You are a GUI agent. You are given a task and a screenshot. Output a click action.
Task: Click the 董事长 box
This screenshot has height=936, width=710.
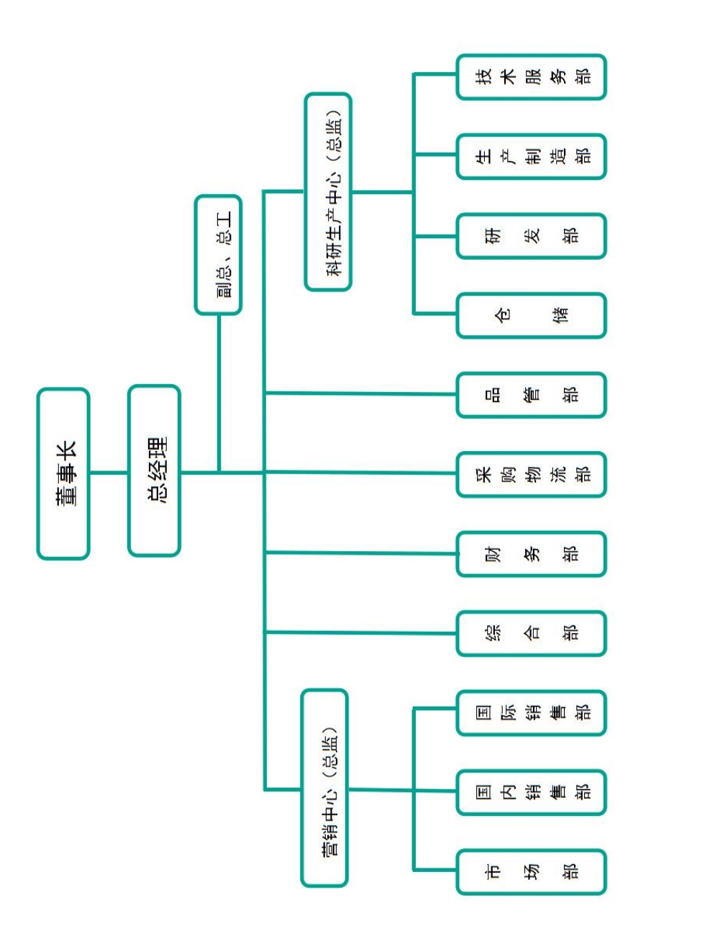point(63,474)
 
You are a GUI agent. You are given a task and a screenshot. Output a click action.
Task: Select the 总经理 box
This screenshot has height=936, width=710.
point(154,471)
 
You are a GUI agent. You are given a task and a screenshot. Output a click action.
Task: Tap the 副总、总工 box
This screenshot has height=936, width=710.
point(218,255)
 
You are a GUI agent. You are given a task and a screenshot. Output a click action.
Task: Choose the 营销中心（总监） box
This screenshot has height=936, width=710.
point(324,788)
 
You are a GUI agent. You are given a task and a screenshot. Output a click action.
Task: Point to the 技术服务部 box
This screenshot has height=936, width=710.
point(531,77)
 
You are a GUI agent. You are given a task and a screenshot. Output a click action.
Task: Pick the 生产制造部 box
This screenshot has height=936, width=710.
point(531,156)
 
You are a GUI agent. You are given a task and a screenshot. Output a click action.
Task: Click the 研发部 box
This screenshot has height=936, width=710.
point(531,236)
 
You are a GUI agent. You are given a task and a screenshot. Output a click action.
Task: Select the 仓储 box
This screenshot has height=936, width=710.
point(531,315)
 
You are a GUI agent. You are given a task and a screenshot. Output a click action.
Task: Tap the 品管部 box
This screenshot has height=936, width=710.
point(531,395)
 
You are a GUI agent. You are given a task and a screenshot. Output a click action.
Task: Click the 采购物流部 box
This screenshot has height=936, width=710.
point(531,474)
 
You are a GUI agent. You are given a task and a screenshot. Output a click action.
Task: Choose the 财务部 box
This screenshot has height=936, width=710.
point(531,554)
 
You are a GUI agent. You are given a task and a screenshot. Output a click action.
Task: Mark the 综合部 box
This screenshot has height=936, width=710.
point(531,633)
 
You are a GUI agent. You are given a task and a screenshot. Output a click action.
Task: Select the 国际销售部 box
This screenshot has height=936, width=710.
point(531,713)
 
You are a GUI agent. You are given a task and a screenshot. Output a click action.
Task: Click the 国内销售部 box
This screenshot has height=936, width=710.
point(531,792)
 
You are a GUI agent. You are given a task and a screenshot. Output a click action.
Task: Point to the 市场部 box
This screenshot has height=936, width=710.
point(531,872)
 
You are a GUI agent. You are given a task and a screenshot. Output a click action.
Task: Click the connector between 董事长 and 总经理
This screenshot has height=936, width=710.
point(109,473)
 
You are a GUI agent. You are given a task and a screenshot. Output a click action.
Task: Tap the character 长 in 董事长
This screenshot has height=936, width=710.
point(66,451)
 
